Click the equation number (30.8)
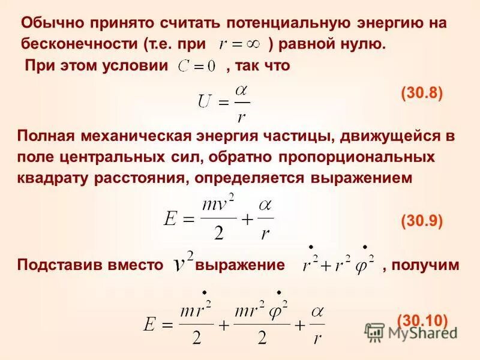(422, 94)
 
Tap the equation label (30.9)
(422, 221)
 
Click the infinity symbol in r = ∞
(256, 44)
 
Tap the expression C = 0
(196, 67)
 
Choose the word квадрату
(51, 178)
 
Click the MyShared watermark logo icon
(375, 332)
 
